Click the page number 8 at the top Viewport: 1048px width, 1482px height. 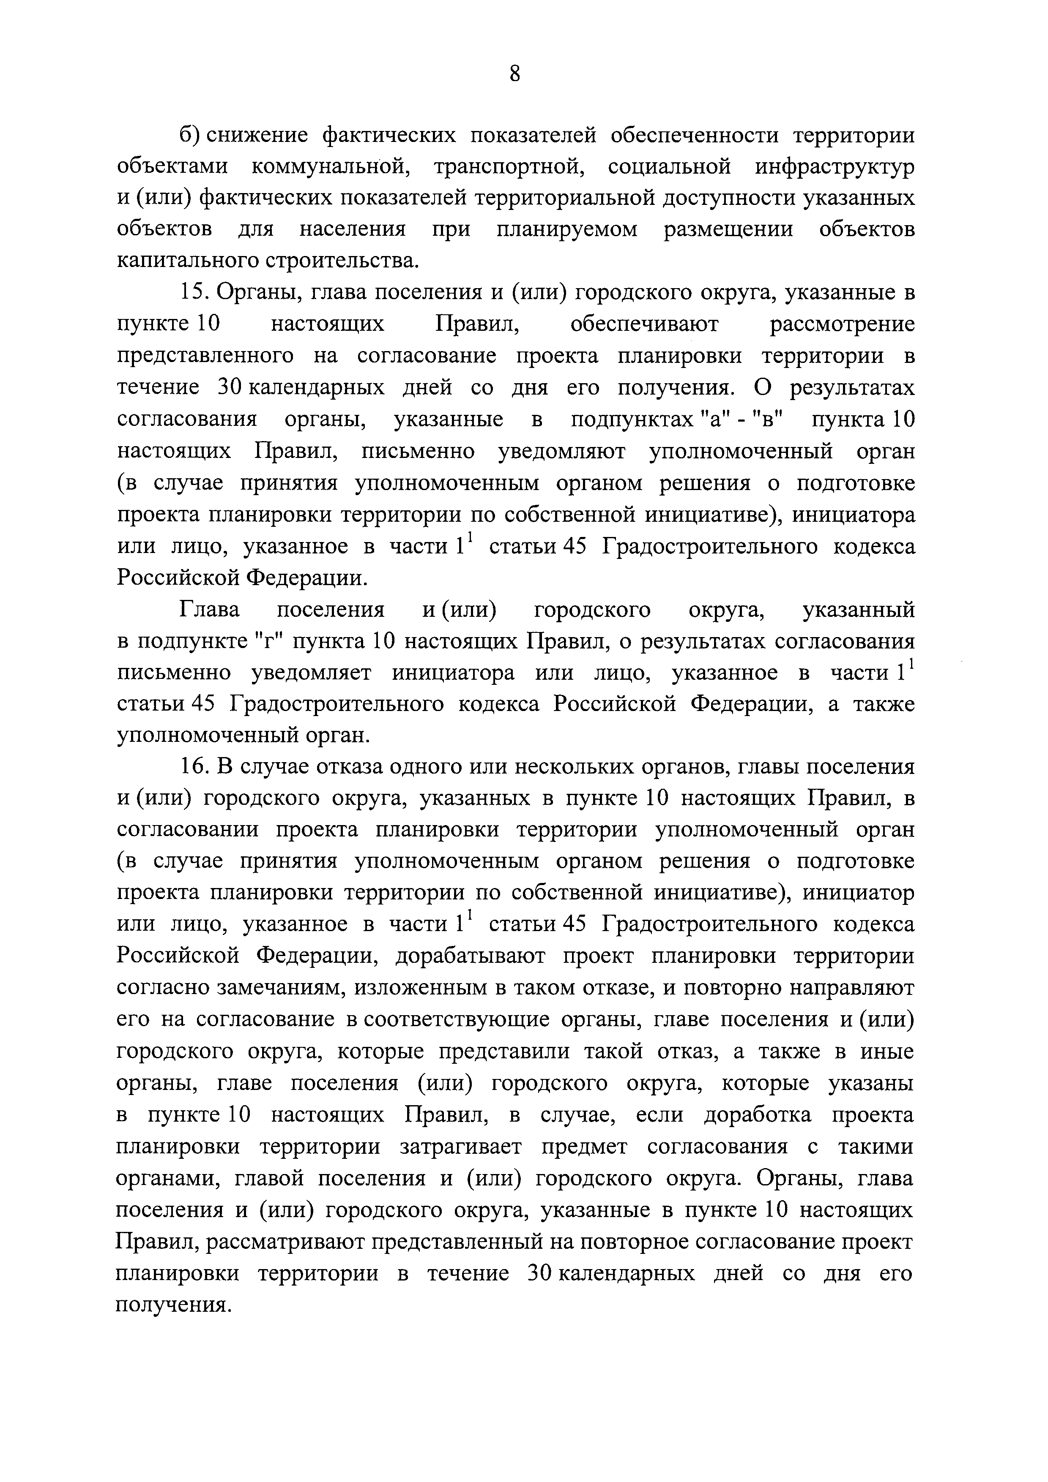(x=514, y=74)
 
